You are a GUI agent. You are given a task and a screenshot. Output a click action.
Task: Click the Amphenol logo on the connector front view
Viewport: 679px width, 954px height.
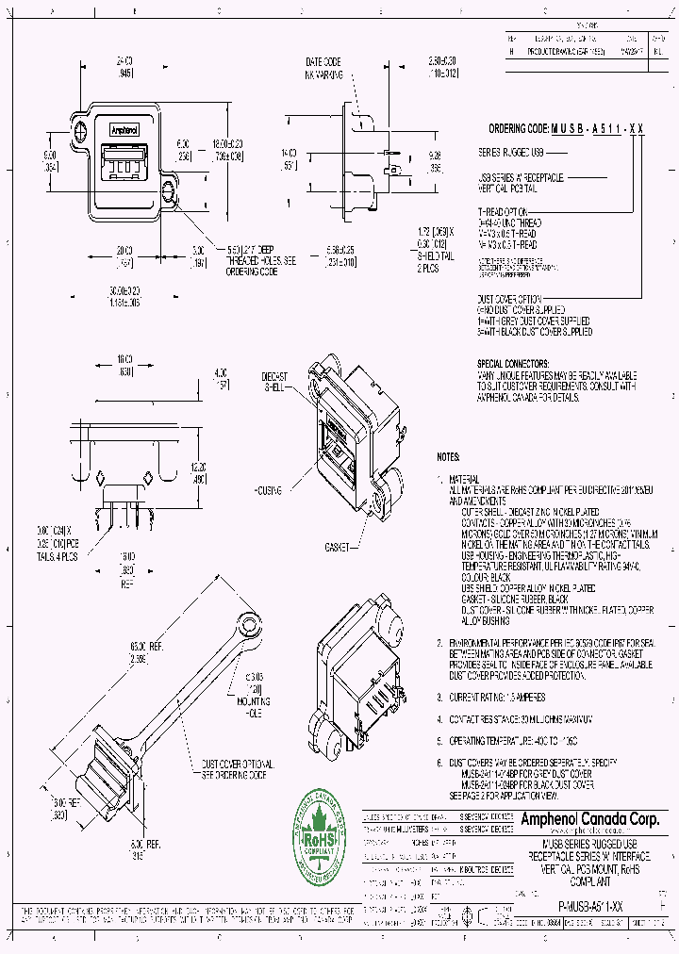pos(125,130)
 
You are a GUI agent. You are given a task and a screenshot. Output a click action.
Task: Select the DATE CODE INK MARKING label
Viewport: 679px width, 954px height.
pos(324,67)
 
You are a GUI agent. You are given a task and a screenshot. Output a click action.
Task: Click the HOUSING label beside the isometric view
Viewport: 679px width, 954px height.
pos(272,492)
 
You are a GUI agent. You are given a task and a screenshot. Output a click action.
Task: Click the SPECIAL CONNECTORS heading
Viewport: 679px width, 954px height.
pos(513,363)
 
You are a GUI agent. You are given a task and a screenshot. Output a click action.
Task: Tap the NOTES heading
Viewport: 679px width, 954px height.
pos(448,456)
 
